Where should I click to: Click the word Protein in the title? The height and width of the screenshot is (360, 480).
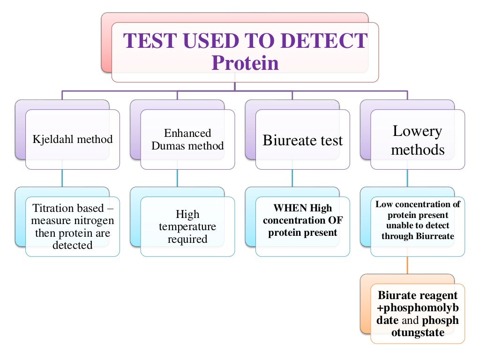tap(245, 63)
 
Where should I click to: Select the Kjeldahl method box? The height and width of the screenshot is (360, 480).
tap(72, 139)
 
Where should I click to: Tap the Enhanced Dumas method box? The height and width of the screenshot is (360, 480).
tap(187, 139)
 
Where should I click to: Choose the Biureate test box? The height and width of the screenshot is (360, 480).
tap(302, 140)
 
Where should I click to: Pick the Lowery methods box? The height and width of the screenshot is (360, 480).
tap(417, 140)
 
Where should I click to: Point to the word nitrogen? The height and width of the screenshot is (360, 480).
tap(93, 220)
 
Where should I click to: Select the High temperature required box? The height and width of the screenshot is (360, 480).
tap(187, 226)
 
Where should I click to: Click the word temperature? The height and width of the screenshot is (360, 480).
tap(187, 227)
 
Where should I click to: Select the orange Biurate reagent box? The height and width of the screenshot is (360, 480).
tap(417, 313)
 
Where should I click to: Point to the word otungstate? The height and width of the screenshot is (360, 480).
tap(417, 333)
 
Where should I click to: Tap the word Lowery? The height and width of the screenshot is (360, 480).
tap(417, 131)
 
